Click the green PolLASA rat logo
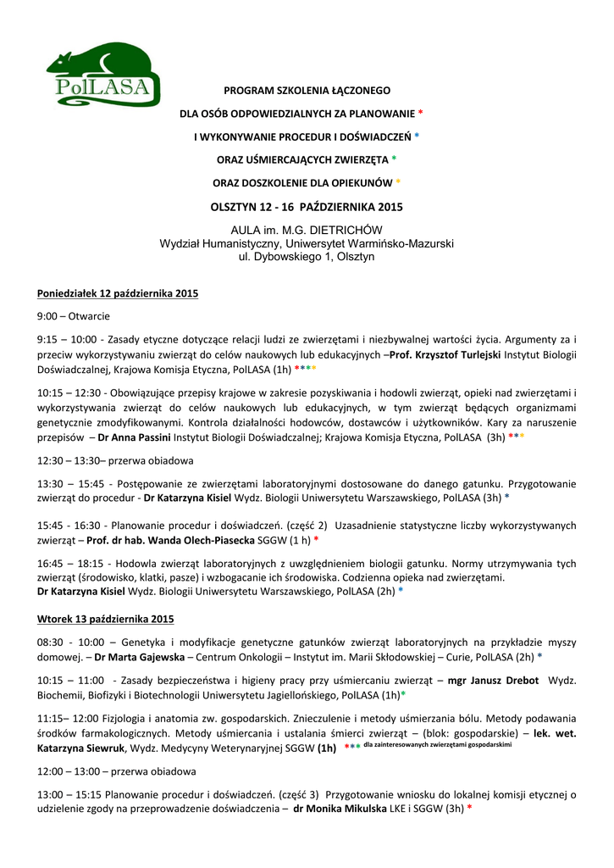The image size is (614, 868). click(x=102, y=75)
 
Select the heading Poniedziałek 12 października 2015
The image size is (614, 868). click(x=118, y=293)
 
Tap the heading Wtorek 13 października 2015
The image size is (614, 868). click(x=106, y=619)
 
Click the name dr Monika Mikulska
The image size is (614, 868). click(x=340, y=809)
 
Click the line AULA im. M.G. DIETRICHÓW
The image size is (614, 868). click(x=307, y=230)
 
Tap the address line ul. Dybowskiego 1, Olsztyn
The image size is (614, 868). click(x=307, y=256)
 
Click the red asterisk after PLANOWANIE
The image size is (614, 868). click(x=421, y=114)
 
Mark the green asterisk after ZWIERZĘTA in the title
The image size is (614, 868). click(x=394, y=159)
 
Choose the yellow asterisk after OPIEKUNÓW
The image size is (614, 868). click(x=398, y=182)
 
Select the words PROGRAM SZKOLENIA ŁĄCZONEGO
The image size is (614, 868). click(x=307, y=90)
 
